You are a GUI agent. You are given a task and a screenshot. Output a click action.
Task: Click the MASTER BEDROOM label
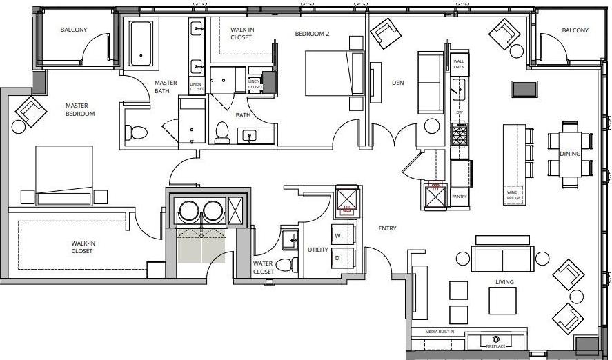tap(80, 110)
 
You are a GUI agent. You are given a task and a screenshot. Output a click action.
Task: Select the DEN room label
tap(397, 83)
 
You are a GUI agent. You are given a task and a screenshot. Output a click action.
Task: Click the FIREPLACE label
tap(496, 346)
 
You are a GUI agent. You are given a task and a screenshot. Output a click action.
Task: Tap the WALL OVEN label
tap(458, 64)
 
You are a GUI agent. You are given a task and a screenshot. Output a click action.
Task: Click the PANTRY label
tap(459, 197)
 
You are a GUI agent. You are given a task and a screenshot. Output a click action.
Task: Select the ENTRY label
tap(387, 228)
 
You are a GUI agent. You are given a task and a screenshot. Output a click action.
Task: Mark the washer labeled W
tap(339, 235)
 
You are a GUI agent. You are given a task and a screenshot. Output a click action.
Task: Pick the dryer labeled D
tap(339, 257)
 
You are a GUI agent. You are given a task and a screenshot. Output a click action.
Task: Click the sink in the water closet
tap(288, 240)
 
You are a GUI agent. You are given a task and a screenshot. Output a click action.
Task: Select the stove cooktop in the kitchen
tap(460, 133)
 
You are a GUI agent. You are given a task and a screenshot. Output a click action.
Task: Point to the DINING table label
tap(570, 154)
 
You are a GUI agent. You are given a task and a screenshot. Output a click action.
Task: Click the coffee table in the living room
tap(503, 300)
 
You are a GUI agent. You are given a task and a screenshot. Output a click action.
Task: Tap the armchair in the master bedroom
tap(29, 111)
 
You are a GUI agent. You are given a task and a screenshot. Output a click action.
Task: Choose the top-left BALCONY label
tap(74, 30)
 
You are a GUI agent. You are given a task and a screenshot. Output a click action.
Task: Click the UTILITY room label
tap(317, 249)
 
